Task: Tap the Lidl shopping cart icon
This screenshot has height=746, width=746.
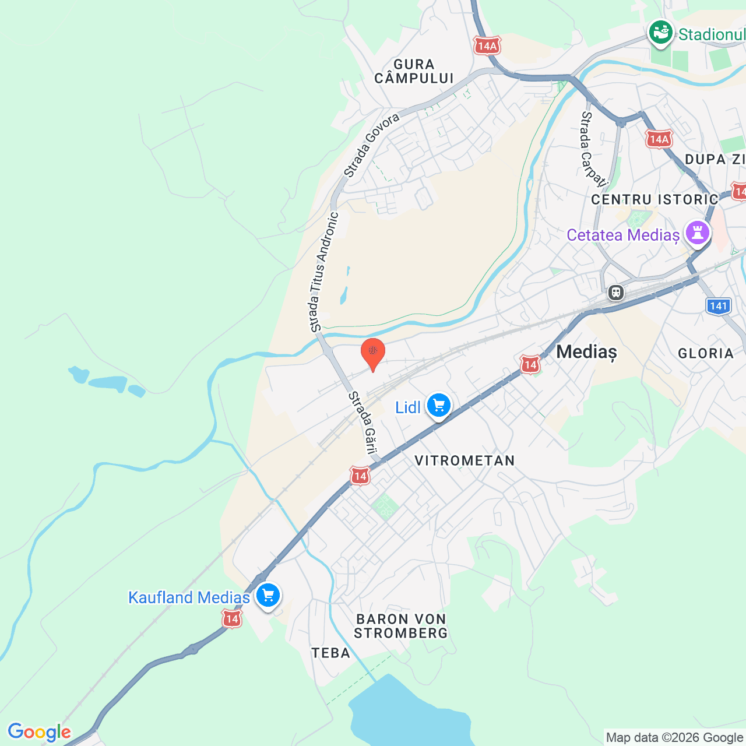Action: (x=439, y=405)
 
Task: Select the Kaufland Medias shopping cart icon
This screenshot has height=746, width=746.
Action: (x=268, y=596)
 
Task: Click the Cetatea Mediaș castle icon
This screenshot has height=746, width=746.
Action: (x=698, y=233)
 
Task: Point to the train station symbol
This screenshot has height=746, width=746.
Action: (x=615, y=292)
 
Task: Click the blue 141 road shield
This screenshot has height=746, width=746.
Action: (x=719, y=306)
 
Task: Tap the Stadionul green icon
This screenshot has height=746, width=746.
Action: (x=661, y=32)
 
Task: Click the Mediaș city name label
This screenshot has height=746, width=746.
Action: (x=586, y=351)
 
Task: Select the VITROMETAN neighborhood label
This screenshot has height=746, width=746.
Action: (x=465, y=460)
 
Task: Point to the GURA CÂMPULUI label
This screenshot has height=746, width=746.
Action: (x=414, y=71)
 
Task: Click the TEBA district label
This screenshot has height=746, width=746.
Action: (x=331, y=653)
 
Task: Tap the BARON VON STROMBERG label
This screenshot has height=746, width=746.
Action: (x=401, y=626)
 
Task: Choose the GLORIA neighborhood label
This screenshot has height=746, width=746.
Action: (x=706, y=353)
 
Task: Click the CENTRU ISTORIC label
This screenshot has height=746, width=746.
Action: (x=654, y=199)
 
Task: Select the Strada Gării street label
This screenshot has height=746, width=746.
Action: (x=363, y=423)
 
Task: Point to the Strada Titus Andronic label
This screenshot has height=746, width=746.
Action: (x=323, y=272)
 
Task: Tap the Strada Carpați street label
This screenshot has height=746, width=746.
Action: (x=593, y=149)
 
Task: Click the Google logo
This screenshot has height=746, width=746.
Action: (x=39, y=732)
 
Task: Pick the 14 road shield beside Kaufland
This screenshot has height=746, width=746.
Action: (x=232, y=619)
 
